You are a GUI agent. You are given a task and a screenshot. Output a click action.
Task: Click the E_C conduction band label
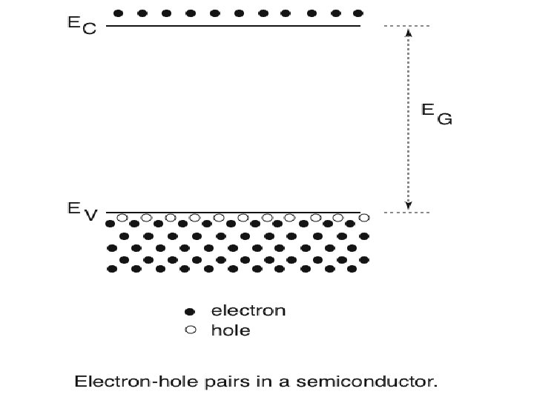82,26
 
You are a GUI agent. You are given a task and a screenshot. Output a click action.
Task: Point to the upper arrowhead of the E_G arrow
407,31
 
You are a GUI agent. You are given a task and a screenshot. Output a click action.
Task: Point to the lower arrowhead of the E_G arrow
407,207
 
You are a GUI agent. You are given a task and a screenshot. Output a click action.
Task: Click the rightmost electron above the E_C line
358,13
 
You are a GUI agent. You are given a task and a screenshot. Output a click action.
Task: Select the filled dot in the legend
190,311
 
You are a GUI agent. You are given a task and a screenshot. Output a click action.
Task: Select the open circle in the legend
190,330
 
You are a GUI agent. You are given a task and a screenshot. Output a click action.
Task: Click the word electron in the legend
248,311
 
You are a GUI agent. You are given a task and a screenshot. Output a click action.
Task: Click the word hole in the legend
231,330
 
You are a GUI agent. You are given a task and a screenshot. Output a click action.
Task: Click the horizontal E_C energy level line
233,26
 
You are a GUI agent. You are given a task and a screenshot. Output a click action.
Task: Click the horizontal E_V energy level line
233,212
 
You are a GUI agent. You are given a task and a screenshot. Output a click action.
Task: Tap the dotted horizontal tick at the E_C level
406,26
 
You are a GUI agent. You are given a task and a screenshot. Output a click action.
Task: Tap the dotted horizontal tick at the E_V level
406,213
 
